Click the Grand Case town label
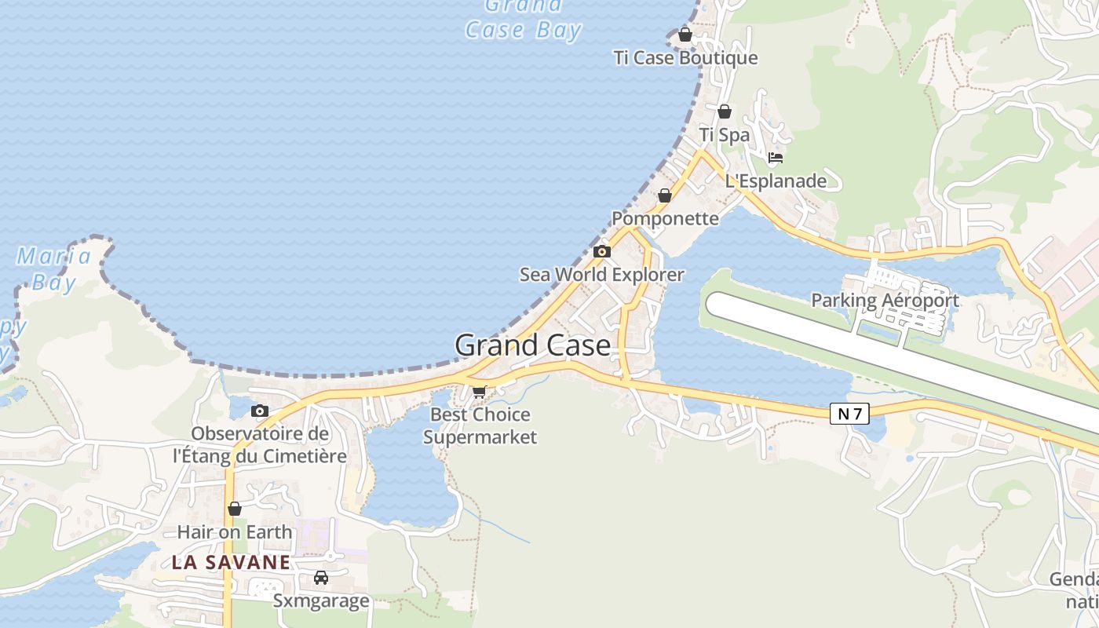[x=532, y=345]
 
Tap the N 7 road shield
[x=849, y=413]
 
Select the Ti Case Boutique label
[x=685, y=57]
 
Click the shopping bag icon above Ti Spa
[x=725, y=111]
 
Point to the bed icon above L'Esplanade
[x=776, y=157]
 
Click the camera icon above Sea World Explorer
[x=602, y=251]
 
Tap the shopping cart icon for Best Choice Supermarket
[x=479, y=391]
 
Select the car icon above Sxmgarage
[x=321, y=578]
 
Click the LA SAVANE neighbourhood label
[x=231, y=562]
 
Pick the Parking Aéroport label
[x=885, y=300]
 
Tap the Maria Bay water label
[x=54, y=269]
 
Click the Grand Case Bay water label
[x=523, y=19]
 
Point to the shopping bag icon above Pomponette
[x=665, y=195]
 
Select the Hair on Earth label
[x=234, y=531]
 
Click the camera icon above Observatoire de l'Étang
[x=260, y=411]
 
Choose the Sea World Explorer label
[x=602, y=275]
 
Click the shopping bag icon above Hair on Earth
[x=234, y=509]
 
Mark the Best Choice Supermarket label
[x=480, y=425]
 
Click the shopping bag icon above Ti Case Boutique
[x=685, y=35]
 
